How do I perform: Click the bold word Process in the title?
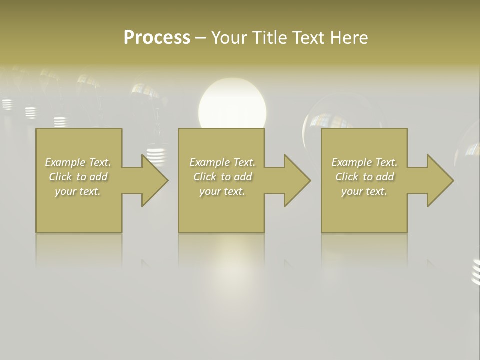click(157, 38)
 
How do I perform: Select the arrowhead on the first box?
click(150, 180)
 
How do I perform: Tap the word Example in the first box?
click(65, 162)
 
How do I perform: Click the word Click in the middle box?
click(205, 177)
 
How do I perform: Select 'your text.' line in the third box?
click(364, 191)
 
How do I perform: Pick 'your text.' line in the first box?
click(78, 191)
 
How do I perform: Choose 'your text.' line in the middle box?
click(222, 191)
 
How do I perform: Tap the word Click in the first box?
click(61, 177)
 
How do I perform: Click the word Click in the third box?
click(347, 177)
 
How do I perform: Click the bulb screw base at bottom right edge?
click(476, 272)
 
